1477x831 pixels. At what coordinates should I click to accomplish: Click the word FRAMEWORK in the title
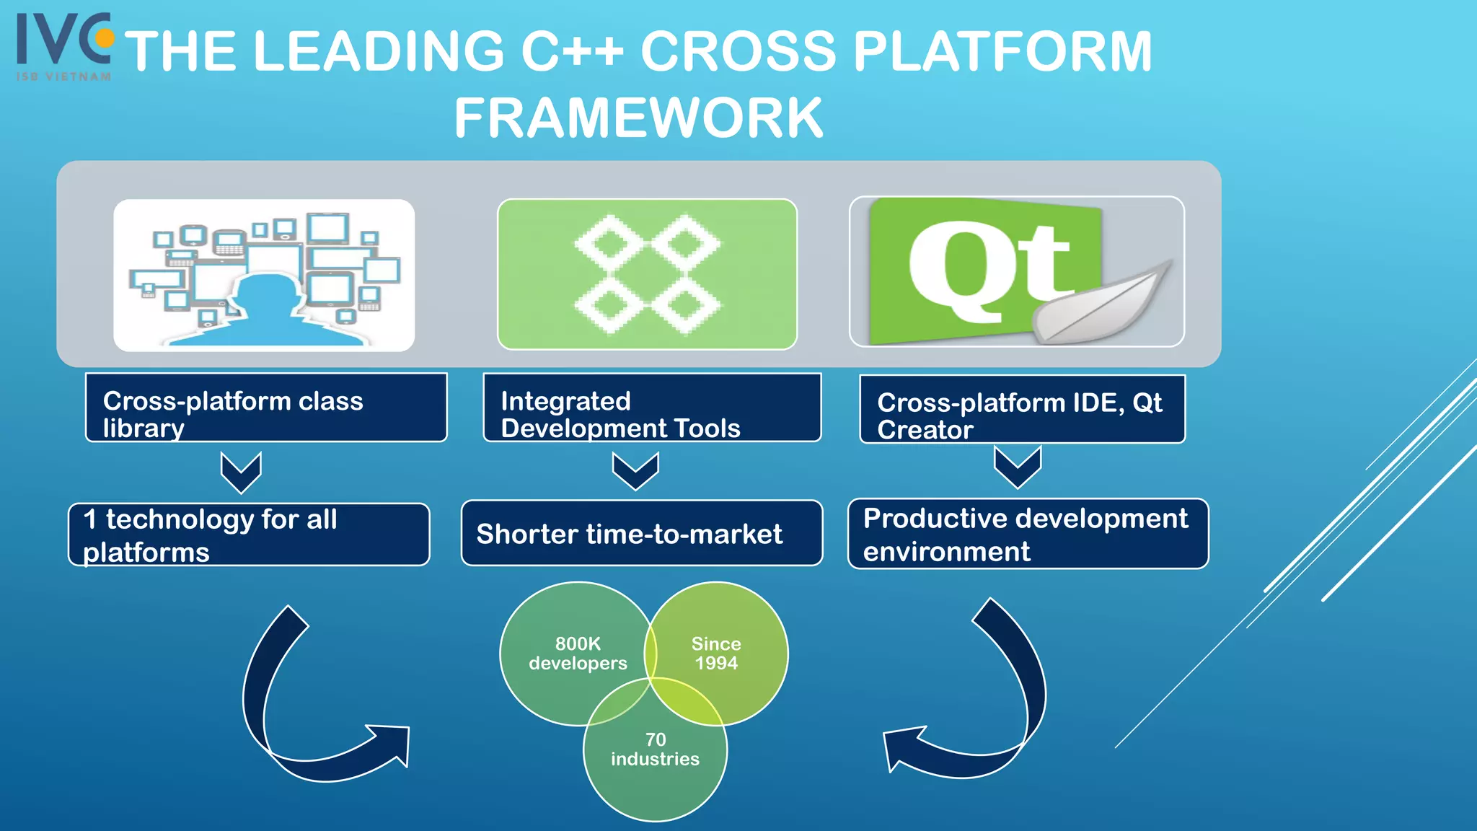[x=638, y=118]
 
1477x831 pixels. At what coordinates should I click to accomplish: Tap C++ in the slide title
[x=571, y=52]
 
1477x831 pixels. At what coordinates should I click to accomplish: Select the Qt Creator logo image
[x=1016, y=271]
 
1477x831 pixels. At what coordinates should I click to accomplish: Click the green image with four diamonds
[x=647, y=274]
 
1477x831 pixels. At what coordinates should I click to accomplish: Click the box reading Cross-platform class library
[x=266, y=408]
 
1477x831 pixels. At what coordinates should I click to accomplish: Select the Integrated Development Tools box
[x=652, y=408]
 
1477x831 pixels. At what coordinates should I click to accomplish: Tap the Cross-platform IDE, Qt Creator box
[x=1022, y=409]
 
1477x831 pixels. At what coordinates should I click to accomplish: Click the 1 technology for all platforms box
[x=249, y=535]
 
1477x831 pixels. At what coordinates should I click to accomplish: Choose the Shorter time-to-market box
[x=641, y=533]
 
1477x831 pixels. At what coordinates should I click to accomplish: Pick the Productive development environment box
[x=1028, y=534]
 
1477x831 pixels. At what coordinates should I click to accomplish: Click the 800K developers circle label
[x=578, y=653]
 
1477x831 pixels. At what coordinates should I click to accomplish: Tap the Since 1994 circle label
[x=715, y=653]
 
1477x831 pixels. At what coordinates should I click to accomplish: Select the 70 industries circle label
[x=655, y=749]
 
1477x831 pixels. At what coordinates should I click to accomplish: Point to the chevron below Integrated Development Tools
[x=635, y=471]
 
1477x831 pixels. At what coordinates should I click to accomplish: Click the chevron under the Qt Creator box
[x=1017, y=467]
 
